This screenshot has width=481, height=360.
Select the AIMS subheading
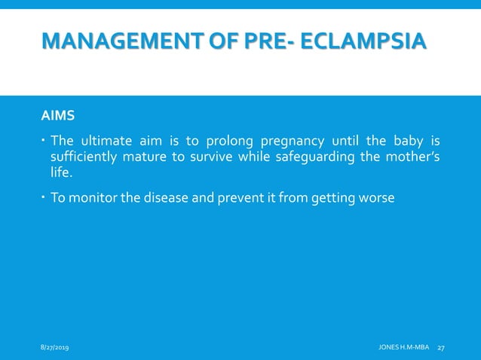coord(57,117)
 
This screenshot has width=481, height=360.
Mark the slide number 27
coord(442,346)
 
